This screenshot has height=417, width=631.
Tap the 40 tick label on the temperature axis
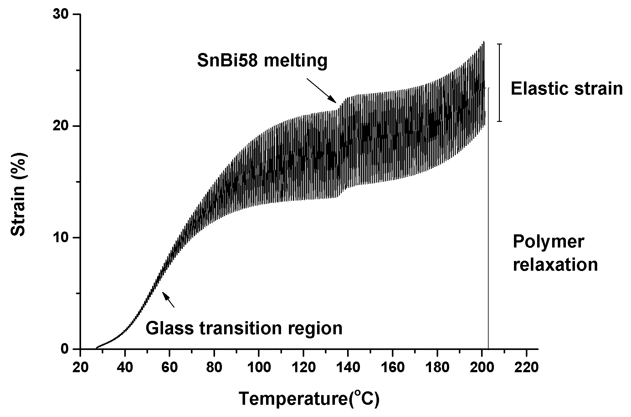(125, 367)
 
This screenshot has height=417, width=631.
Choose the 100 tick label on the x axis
(259, 367)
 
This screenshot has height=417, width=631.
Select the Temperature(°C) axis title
(309, 399)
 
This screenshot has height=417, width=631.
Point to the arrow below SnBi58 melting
(321, 90)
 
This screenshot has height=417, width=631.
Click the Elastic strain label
(567, 89)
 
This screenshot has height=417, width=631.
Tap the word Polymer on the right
(548, 242)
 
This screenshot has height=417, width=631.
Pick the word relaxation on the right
(555, 264)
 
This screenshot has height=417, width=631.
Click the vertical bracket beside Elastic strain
(500, 83)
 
